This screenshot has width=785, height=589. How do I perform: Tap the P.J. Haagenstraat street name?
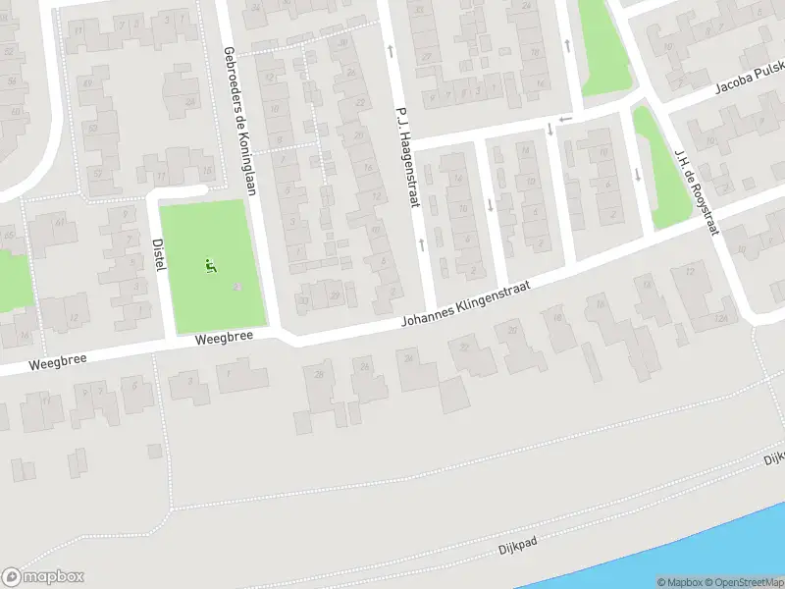click(407, 156)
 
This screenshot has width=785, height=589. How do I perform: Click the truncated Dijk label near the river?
click(774, 457)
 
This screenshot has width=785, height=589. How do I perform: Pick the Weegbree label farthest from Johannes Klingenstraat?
click(57, 360)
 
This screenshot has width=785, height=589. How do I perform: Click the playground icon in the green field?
click(210, 264)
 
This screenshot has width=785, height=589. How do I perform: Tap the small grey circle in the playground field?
click(235, 287)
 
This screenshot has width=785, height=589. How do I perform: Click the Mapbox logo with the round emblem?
click(42, 577)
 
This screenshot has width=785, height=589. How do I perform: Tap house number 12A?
click(723, 318)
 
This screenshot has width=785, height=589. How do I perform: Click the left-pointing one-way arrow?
click(563, 119)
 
